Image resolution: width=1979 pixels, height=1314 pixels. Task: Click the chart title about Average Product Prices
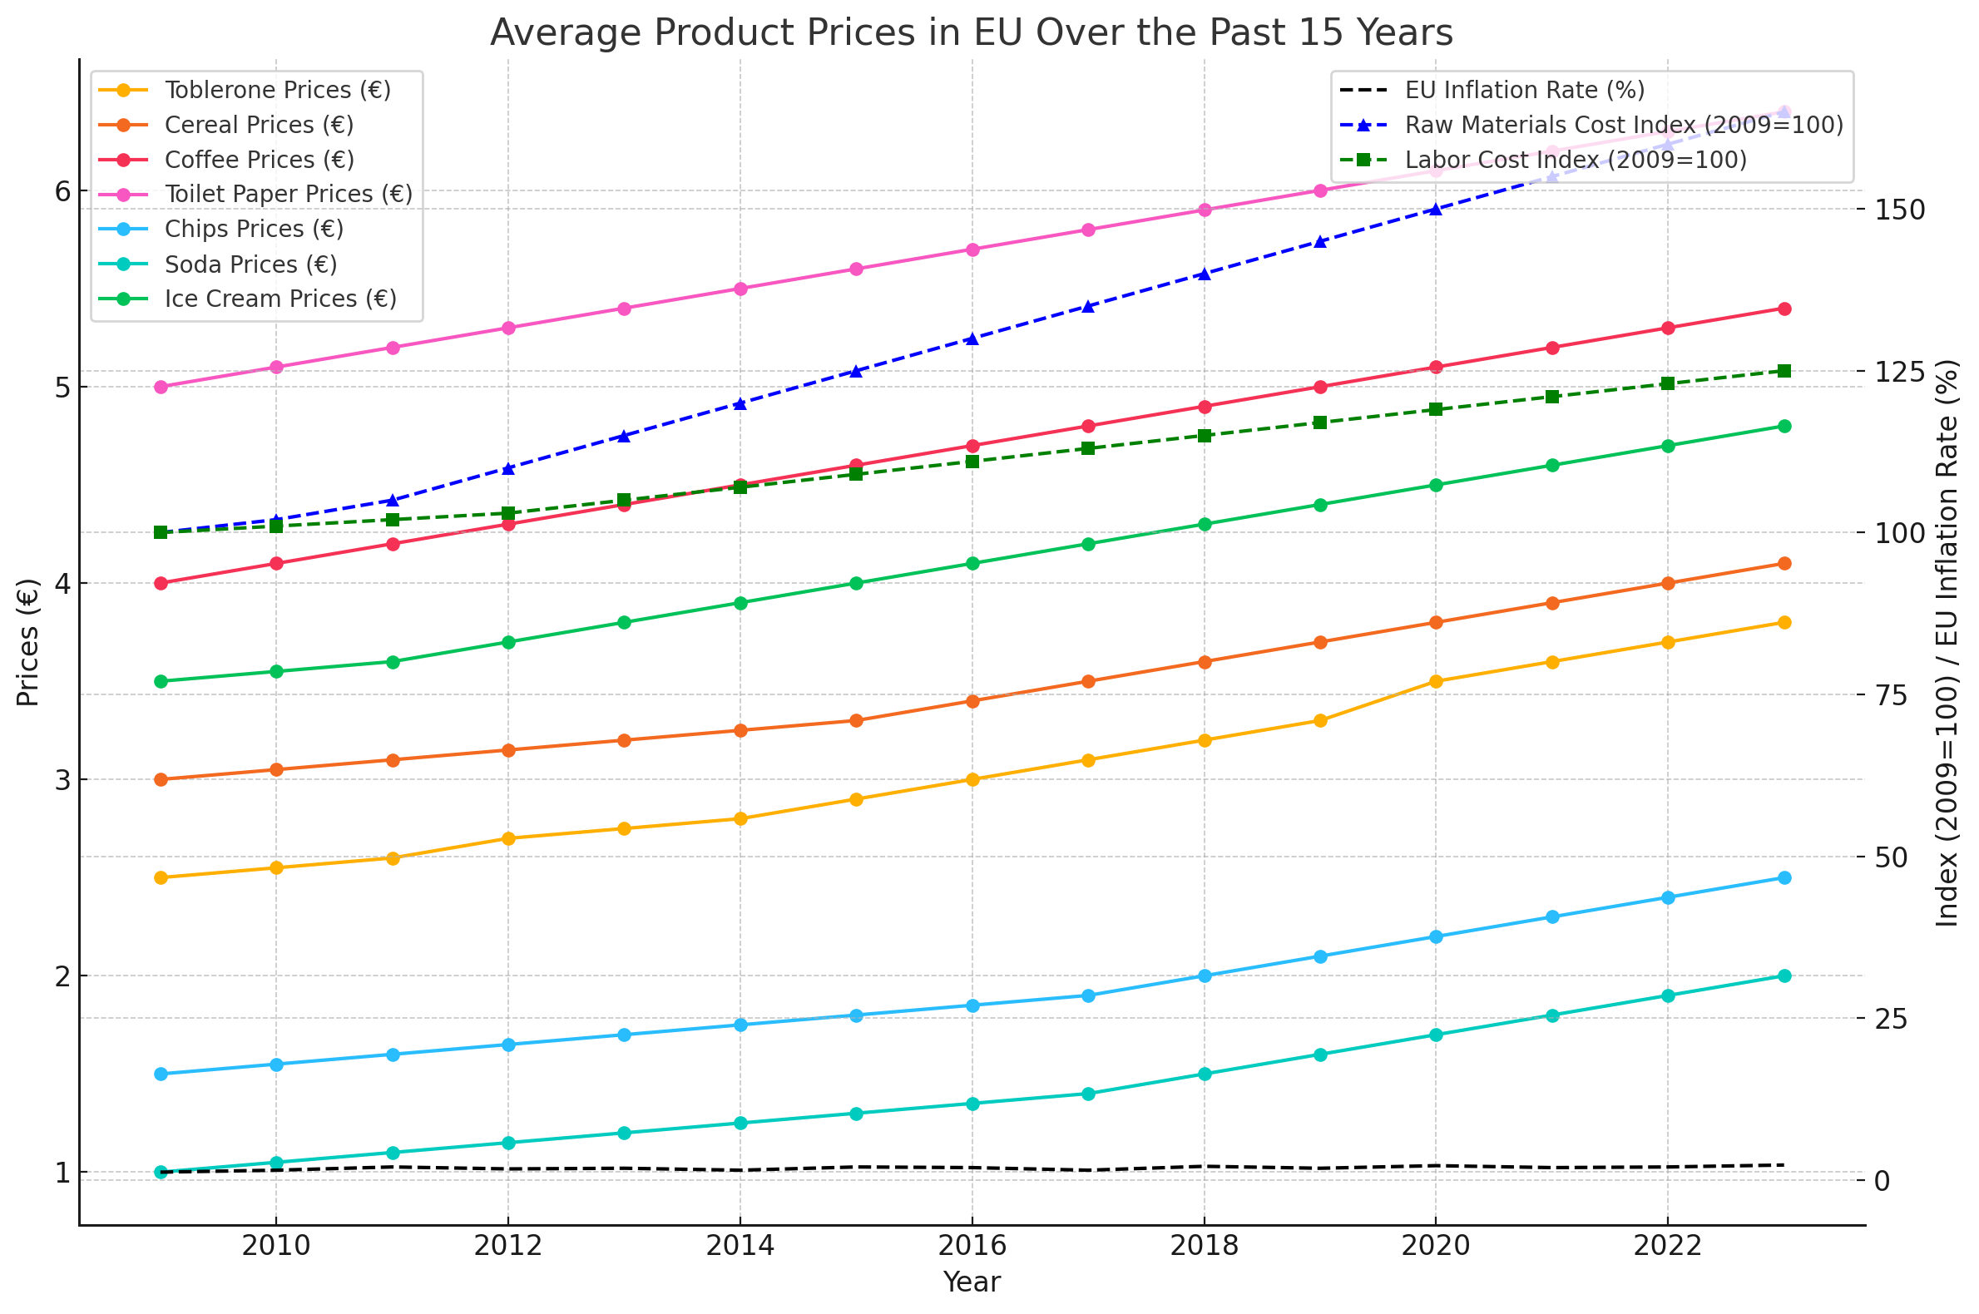(971, 33)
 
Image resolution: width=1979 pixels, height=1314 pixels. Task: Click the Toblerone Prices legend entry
(278, 90)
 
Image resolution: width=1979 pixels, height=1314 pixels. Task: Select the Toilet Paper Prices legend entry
(289, 194)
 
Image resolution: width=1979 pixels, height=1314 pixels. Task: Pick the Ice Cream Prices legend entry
(280, 299)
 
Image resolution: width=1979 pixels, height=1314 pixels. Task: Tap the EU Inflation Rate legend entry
(1524, 90)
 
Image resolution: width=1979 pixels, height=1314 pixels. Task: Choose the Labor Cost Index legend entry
(1575, 159)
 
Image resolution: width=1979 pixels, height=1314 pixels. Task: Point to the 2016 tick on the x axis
(972, 1246)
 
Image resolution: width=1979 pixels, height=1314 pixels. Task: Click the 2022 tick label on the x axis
(1667, 1246)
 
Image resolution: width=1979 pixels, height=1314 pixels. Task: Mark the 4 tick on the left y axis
(63, 584)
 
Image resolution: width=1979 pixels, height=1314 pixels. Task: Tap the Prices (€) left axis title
(27, 643)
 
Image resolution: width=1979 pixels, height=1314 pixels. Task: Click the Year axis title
(972, 1282)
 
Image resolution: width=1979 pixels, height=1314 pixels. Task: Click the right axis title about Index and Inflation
(1947, 643)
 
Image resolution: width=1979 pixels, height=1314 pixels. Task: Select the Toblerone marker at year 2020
(1435, 681)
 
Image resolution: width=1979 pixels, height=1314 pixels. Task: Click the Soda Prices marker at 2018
(1205, 1074)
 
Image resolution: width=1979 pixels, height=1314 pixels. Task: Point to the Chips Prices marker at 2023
(1784, 878)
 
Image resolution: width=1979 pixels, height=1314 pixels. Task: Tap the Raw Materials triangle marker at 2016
(972, 339)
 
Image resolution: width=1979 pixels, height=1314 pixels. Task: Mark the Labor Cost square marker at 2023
(1784, 371)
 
